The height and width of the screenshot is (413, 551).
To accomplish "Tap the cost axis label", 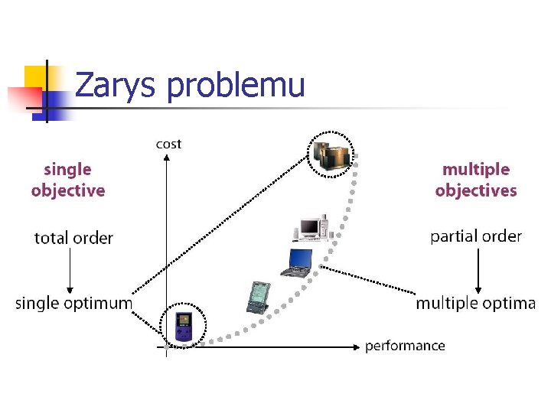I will tap(168, 144).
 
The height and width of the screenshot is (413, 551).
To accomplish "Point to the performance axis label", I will tap(405, 346).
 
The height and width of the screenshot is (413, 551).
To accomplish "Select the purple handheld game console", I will tap(183, 327).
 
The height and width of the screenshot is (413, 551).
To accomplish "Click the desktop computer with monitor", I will tap(312, 228).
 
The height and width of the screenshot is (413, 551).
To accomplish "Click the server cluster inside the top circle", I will tap(331, 154).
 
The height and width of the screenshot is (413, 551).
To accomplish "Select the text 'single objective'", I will tap(68, 180).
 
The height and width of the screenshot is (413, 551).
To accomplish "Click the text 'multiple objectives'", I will tap(476, 180).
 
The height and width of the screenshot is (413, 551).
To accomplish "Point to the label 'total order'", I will tap(73, 238).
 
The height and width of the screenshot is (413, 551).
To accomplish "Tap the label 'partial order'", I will tap(476, 236).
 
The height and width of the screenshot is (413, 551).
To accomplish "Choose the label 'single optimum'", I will tap(73, 304).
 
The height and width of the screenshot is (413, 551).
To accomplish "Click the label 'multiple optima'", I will tap(475, 304).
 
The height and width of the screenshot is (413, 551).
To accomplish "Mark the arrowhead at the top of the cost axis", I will tap(166, 158).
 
